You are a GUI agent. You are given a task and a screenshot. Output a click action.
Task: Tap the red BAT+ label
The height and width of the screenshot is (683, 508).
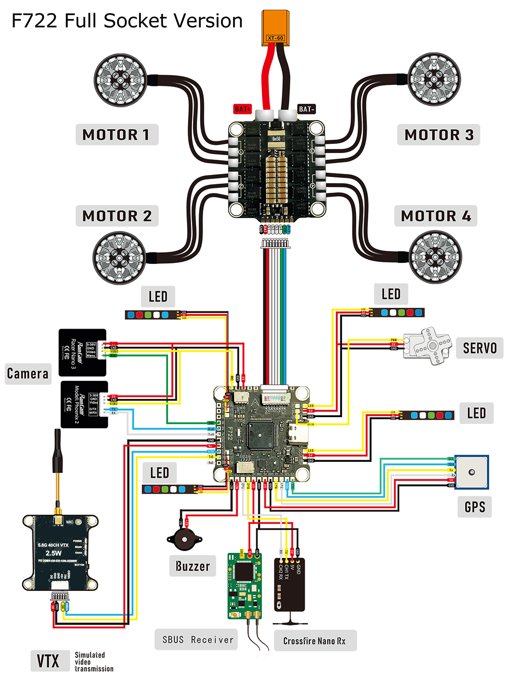click(242, 109)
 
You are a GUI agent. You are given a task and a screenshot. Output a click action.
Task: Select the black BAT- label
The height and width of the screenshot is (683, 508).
click(306, 109)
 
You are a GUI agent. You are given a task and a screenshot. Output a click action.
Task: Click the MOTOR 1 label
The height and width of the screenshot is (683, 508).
click(116, 135)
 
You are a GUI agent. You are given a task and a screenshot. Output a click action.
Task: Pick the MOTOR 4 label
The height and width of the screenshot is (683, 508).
click(436, 216)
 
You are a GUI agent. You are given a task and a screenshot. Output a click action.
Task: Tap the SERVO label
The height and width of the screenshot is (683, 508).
click(479, 348)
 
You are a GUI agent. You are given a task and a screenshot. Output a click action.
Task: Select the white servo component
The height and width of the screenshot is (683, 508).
click(428, 346)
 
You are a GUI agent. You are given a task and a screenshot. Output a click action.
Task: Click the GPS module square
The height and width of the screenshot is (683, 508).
click(471, 472)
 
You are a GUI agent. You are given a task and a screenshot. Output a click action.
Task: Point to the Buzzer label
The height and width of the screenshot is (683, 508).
click(193, 566)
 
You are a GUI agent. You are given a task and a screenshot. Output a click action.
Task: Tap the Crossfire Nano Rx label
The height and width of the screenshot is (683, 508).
click(315, 641)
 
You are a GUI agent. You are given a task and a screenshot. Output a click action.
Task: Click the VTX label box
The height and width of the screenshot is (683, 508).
click(49, 661)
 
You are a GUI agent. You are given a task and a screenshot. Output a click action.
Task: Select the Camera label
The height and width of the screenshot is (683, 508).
click(28, 374)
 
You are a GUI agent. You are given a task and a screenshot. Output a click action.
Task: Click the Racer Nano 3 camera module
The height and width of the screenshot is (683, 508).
click(82, 352)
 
